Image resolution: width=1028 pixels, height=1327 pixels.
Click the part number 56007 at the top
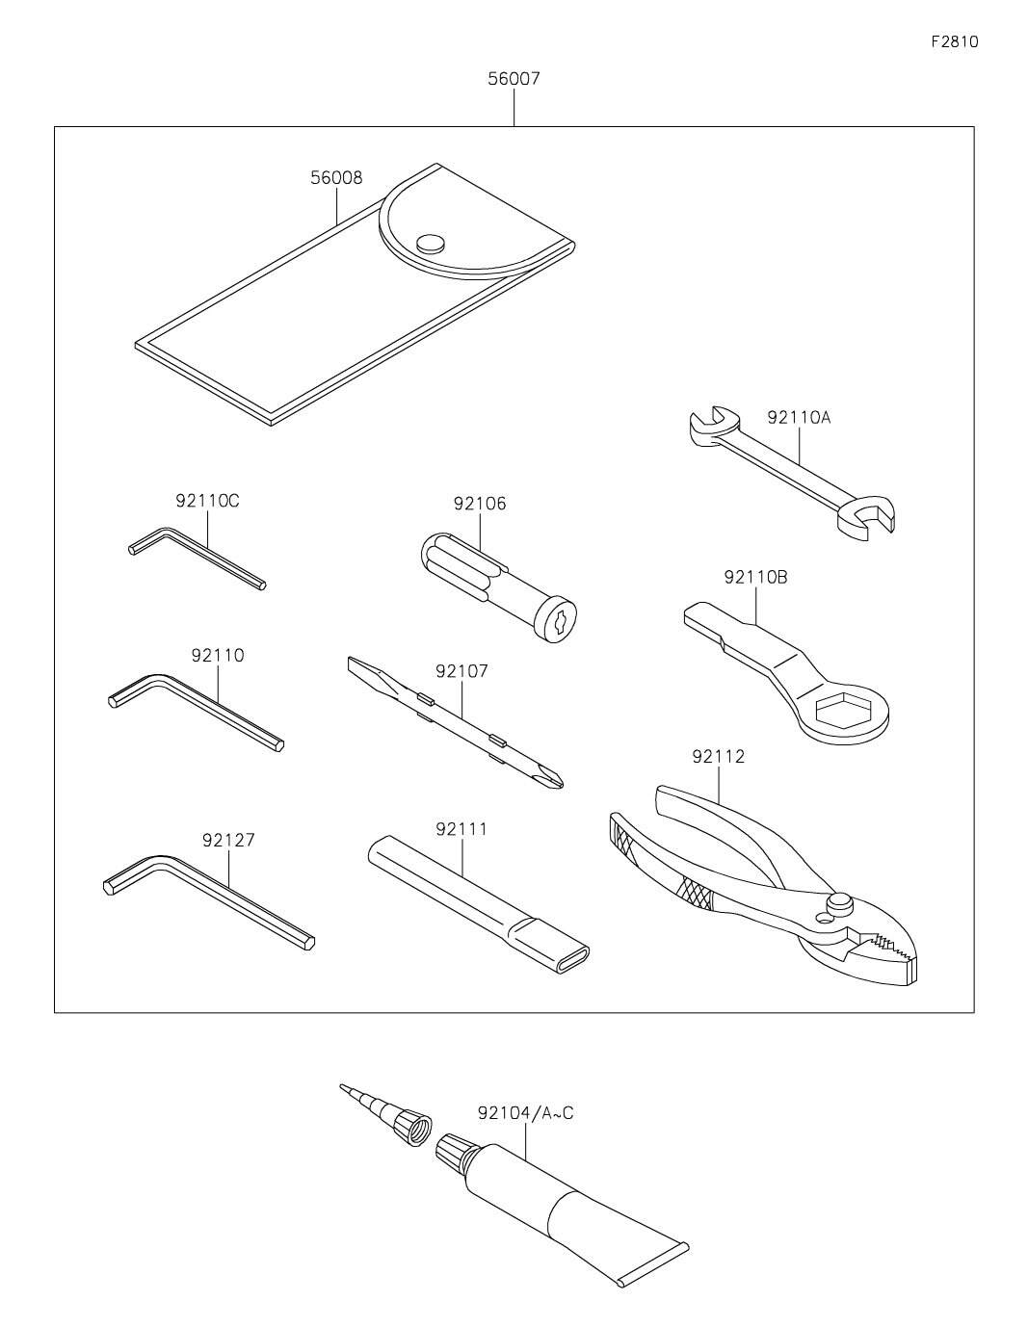click(514, 79)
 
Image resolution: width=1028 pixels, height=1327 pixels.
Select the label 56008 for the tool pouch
click(336, 177)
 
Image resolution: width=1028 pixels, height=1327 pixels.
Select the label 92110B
click(755, 577)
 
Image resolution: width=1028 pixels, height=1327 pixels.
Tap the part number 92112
click(718, 757)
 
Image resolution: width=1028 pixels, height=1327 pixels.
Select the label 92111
click(461, 829)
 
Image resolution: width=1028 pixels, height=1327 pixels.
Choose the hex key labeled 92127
click(207, 896)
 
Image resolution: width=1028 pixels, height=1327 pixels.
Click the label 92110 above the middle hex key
click(218, 655)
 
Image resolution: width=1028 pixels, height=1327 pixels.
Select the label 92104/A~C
click(525, 1113)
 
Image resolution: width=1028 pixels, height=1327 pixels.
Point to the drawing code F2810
click(954, 41)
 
